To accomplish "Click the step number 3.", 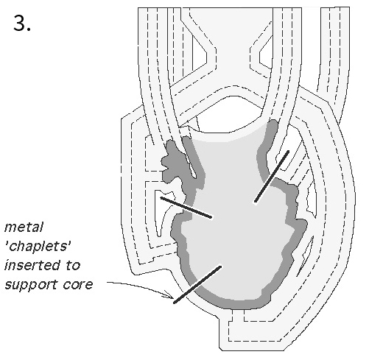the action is pyautogui.click(x=22, y=24).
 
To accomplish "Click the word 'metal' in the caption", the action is pyautogui.click(x=24, y=227).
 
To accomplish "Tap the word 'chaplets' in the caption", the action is pyautogui.click(x=38, y=246).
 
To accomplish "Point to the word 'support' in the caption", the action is pyautogui.click(x=31, y=285).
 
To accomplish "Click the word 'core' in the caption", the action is pyautogui.click(x=78, y=285).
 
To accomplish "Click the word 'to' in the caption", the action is pyautogui.click(x=73, y=266).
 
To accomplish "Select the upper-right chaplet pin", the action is pyautogui.click(x=272, y=177).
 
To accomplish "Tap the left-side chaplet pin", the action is pyautogui.click(x=186, y=208).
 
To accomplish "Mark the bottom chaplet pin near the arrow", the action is pyautogui.click(x=197, y=284).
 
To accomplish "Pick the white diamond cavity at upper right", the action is pyautogui.click(x=265, y=54).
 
